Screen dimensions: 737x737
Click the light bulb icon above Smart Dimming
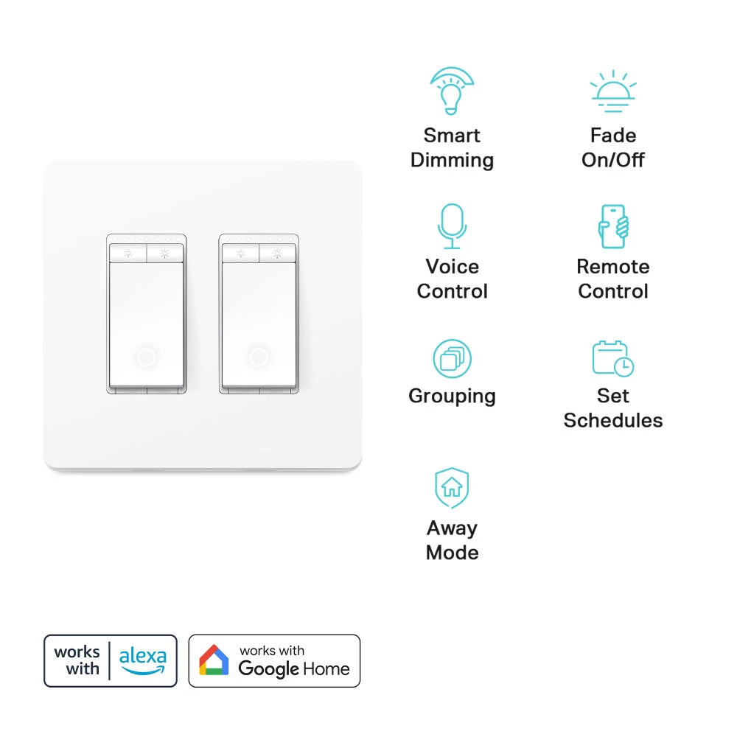452,91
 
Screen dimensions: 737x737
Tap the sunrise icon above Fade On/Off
613,91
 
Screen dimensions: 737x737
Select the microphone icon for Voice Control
453,226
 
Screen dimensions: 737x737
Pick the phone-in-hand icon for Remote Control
613,226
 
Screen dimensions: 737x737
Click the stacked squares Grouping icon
453,359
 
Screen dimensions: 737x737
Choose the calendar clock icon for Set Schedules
613,359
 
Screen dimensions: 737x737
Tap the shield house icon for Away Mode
453,488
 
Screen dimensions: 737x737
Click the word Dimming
453,160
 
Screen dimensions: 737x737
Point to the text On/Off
613,160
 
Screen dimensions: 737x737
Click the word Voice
453,267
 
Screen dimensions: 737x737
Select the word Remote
613,267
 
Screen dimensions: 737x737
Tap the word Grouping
453,397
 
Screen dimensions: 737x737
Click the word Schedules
613,420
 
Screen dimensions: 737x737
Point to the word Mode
453,552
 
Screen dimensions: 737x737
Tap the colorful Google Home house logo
214,660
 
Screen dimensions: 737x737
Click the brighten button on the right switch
277,254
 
